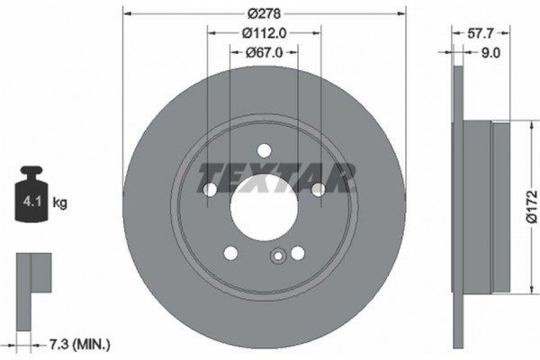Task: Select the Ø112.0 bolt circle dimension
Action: point(263,33)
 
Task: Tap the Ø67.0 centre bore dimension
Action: point(263,52)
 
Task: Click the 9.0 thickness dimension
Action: point(490,53)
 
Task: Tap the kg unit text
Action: point(60,203)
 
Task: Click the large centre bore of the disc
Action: point(263,207)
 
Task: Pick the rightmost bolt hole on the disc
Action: point(318,189)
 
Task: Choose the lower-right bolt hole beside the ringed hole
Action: point(297,253)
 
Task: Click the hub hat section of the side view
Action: point(501,205)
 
